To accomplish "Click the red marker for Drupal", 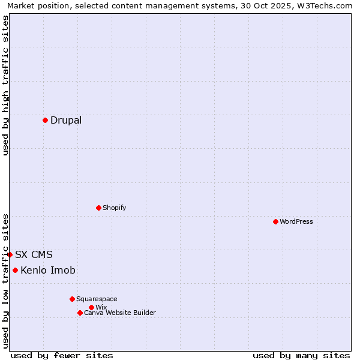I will pyautogui.click(x=45, y=120).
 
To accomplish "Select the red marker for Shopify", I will pyautogui.click(x=98, y=208).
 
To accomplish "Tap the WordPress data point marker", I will pyautogui.click(x=275, y=221).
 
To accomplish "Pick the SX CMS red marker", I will pyautogui.click(x=10, y=254).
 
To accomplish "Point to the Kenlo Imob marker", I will pyautogui.click(x=15, y=270).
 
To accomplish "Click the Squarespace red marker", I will pyautogui.click(x=72, y=299).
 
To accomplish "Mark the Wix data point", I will pyautogui.click(x=91, y=307).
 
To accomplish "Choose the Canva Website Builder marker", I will pyautogui.click(x=80, y=313).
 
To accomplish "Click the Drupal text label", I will pyautogui.click(x=66, y=120).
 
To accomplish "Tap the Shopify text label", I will pyautogui.click(x=114, y=208).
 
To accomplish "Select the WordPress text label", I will pyautogui.click(x=296, y=221).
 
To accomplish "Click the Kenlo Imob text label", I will pyautogui.click(x=48, y=270).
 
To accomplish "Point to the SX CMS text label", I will pyautogui.click(x=34, y=254).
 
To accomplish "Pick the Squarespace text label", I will pyautogui.click(x=97, y=299).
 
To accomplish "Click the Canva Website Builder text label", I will pyautogui.click(x=120, y=313).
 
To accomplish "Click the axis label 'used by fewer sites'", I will pyautogui.click(x=62, y=355).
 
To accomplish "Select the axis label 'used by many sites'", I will pyautogui.click(x=301, y=355).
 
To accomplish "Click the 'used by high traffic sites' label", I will pyautogui.click(x=5, y=85).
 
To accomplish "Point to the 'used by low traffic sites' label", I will pyautogui.click(x=5, y=281).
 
